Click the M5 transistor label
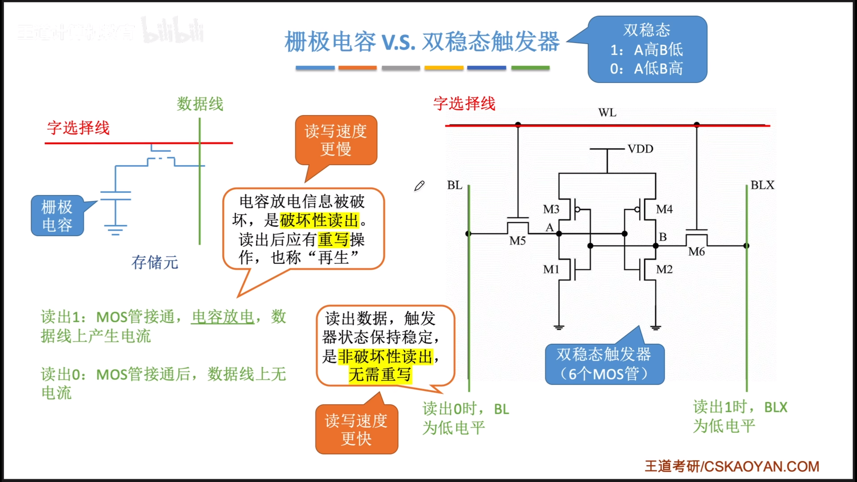click(517, 241)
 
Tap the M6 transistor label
click(696, 251)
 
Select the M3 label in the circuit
click(551, 209)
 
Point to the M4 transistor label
click(664, 209)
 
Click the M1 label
click(551, 269)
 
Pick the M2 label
click(664, 269)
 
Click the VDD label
click(640, 149)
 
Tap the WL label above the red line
click(607, 113)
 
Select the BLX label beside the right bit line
click(762, 185)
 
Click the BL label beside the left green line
click(455, 185)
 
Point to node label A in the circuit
click(549, 228)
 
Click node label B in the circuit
click(663, 237)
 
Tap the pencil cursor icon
click(419, 186)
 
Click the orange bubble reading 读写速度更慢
click(336, 140)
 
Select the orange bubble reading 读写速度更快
click(357, 429)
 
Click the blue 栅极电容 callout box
click(57, 216)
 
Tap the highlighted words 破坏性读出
click(319, 220)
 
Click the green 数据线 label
click(200, 104)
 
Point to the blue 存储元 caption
click(155, 262)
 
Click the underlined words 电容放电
click(223, 317)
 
